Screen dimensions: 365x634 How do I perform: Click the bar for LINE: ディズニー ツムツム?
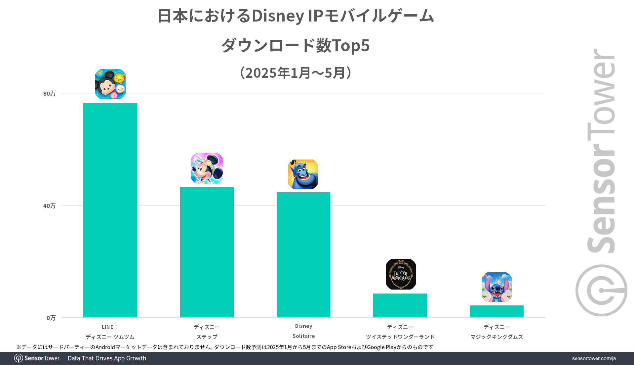coord(110,210)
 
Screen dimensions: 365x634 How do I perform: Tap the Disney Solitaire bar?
coord(303,255)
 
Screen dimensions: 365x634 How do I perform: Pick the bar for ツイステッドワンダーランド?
coord(400,305)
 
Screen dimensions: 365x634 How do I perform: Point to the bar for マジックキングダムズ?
coord(496,311)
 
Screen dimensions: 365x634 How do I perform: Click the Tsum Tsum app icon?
coord(110,84)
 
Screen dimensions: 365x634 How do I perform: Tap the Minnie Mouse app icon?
coord(207,168)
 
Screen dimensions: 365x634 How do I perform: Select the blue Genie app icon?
coord(303,174)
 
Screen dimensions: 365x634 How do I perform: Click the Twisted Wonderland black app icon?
coord(401,274)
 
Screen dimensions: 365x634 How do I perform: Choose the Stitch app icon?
coord(497,287)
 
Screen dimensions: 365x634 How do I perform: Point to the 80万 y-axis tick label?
coord(49,94)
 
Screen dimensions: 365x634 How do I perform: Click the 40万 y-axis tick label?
coord(49,206)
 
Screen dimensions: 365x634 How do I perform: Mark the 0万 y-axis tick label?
coord(51,318)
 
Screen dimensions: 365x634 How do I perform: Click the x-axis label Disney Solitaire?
coord(303,331)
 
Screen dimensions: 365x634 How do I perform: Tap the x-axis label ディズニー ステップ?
coord(207,332)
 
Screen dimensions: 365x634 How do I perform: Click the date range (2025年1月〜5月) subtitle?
coord(296,73)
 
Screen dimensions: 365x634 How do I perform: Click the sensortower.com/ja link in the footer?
coord(594,358)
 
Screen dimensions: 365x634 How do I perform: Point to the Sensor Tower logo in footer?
coord(37,358)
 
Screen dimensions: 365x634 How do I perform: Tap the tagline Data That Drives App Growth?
coord(107,358)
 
